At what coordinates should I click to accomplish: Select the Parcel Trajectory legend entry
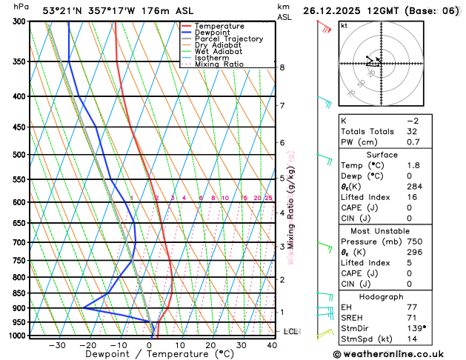pos(228,39)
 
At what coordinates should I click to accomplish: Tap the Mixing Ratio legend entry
pos(219,64)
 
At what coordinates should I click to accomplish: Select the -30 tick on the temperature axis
pos(57,345)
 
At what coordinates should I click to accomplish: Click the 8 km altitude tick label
pos(282,67)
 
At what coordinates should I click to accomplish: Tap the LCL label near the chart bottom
pos(290,331)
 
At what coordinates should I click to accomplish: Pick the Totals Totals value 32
pos(413,131)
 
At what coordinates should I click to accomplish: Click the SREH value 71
pos(413,317)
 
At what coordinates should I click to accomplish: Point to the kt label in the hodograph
pos(344,25)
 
